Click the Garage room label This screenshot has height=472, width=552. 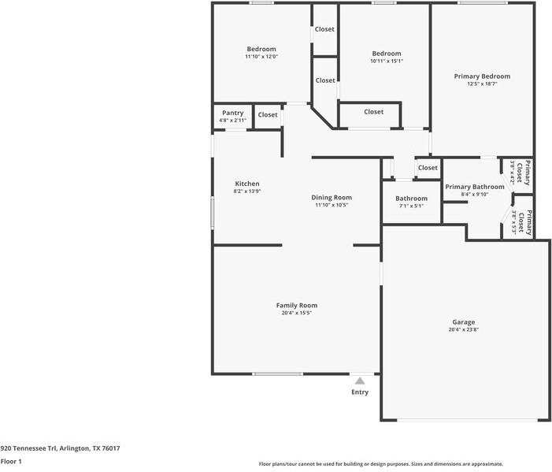463,321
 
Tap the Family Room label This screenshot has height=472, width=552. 296,305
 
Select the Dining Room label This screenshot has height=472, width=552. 332,197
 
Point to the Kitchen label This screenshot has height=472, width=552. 246,184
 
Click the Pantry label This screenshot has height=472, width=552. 232,113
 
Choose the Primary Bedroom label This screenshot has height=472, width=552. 482,76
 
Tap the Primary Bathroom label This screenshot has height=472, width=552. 474,187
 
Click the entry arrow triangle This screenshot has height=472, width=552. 360,381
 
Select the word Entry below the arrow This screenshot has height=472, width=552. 360,392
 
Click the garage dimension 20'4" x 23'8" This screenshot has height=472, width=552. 463,329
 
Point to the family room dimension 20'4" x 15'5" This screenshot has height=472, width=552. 296,313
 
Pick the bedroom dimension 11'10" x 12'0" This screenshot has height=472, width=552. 261,57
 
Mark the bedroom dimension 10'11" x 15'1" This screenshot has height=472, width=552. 386,61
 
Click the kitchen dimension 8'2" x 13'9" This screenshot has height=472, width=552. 246,191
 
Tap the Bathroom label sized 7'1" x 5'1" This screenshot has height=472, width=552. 411,199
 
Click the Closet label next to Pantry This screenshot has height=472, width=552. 268,115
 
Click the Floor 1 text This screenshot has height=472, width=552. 11,461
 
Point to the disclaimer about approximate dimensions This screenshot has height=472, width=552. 381,464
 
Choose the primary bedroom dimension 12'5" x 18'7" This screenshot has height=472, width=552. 482,84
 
